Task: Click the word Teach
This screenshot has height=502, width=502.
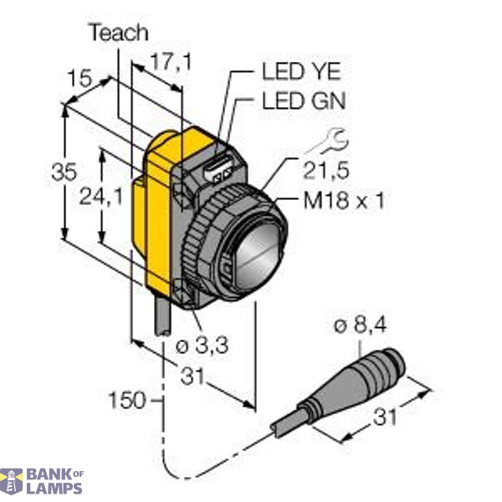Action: (x=119, y=33)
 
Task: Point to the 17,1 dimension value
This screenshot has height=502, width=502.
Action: (x=168, y=61)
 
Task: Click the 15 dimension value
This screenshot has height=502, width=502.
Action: (x=79, y=80)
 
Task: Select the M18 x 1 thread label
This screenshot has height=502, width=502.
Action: (x=335, y=201)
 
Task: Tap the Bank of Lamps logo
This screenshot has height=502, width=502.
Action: (x=42, y=480)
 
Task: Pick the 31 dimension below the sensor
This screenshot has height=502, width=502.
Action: (x=193, y=376)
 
